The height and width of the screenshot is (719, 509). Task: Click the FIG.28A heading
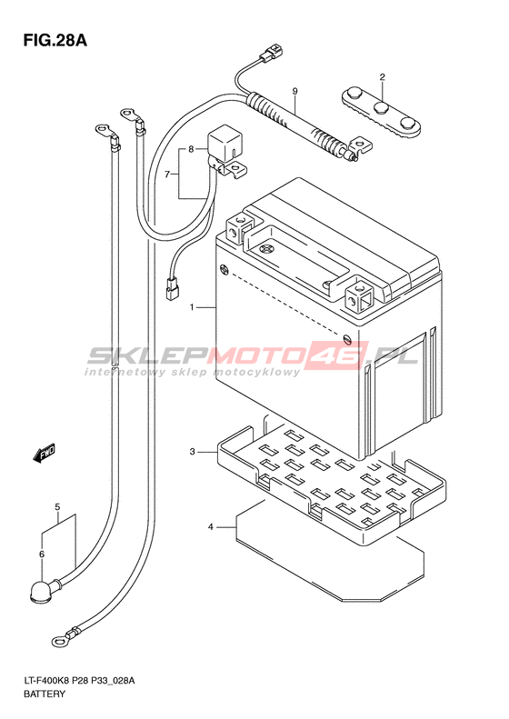point(55,41)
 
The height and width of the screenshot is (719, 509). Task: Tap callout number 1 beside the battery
point(193,307)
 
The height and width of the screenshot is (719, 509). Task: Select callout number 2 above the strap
point(382,77)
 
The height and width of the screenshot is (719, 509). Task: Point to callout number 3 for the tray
point(193,452)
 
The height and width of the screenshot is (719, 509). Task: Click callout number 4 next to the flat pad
point(211,527)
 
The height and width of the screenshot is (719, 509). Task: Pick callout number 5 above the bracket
point(57,507)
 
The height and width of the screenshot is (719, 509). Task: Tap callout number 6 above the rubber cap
point(42,554)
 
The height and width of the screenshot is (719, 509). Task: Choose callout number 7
point(167,175)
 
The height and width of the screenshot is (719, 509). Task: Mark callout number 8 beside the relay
point(191,149)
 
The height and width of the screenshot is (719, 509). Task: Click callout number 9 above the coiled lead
point(294,92)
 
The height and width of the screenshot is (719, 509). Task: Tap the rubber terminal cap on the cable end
point(42,591)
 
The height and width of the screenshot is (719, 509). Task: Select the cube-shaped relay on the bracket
point(226,143)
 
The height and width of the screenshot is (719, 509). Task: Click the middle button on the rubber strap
point(382,109)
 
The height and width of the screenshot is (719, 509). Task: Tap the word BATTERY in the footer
point(44,694)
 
